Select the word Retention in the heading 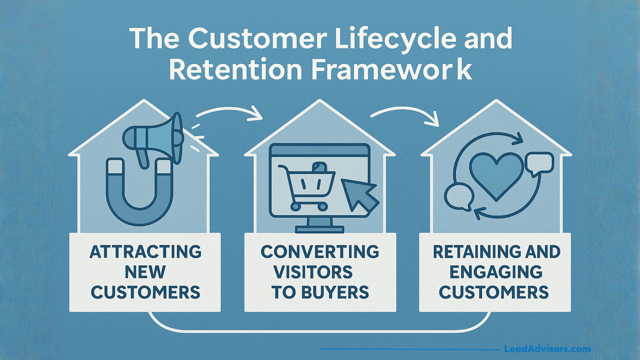[x=235, y=69]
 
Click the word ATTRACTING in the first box [x=146, y=252]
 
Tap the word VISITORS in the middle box [x=313, y=272]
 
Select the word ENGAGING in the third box [x=496, y=272]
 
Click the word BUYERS [x=335, y=292]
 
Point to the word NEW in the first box [x=145, y=272]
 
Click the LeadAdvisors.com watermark [x=547, y=349]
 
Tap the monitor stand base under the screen [x=319, y=229]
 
